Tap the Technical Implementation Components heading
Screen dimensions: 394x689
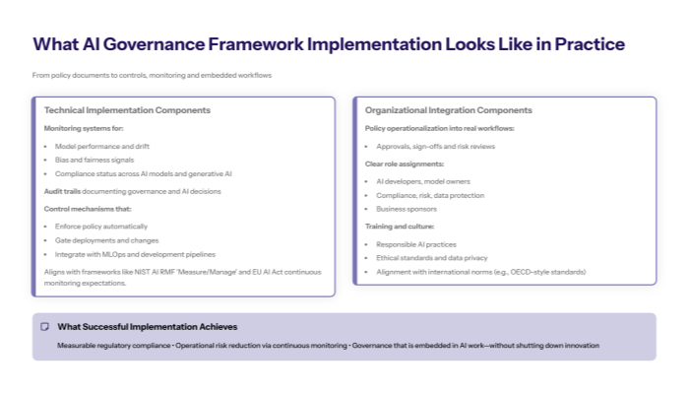pyautogui.click(x=127, y=110)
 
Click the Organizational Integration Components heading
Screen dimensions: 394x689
pyautogui.click(x=448, y=110)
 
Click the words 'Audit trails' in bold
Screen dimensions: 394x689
pyautogui.click(x=62, y=190)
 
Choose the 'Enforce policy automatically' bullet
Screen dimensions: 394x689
pyautogui.click(x=101, y=226)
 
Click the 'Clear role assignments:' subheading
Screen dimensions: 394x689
pyautogui.click(x=404, y=164)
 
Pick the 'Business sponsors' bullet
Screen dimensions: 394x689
pyautogui.click(x=407, y=209)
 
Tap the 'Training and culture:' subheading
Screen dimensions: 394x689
pyautogui.click(x=400, y=227)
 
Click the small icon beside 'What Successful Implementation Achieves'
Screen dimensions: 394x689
pyautogui.click(x=44, y=326)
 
